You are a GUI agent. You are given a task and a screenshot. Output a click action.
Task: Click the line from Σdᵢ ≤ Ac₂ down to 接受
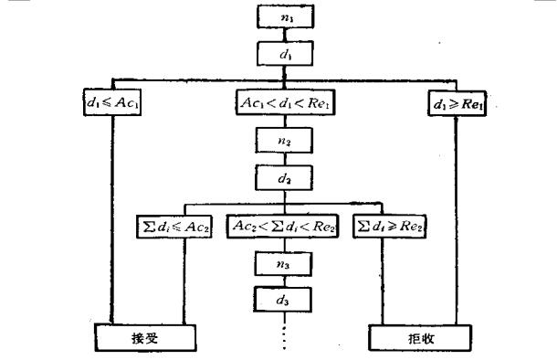click(x=185, y=283)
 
